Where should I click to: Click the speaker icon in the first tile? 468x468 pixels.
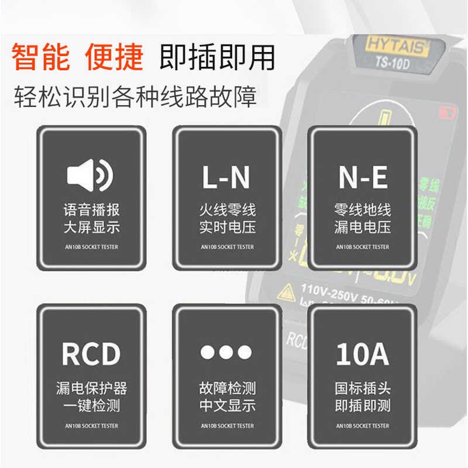tap(91, 175)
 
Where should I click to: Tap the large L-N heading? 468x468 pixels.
tap(226, 178)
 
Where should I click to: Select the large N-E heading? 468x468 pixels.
tap(363, 178)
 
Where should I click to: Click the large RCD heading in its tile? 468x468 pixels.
tap(91, 354)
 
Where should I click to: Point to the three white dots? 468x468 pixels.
tap(226, 352)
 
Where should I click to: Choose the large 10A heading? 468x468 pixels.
tap(363, 355)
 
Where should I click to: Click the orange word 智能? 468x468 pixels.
tap(40, 58)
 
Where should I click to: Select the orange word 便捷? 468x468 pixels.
tap(114, 58)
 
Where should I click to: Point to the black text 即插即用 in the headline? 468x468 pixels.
tap(217, 58)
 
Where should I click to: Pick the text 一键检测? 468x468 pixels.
tap(91, 405)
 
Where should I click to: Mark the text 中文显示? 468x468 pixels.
tap(227, 405)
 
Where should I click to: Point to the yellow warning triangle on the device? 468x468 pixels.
tap(288, 291)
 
